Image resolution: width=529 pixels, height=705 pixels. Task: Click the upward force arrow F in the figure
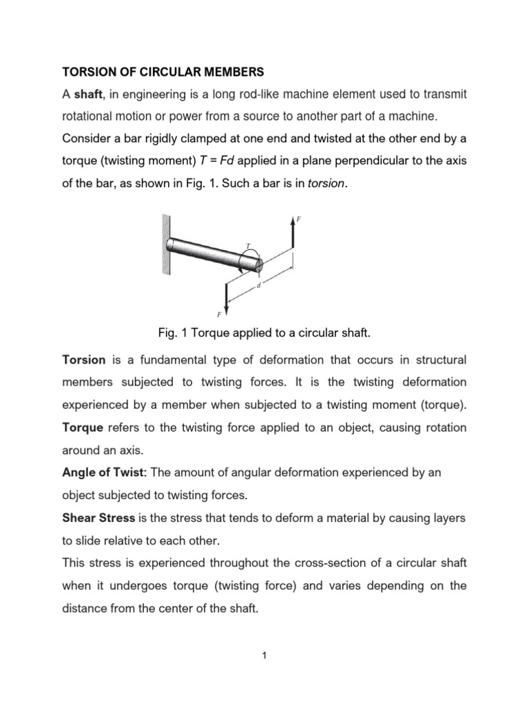(293, 235)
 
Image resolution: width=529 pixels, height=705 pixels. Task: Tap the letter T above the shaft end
(247, 245)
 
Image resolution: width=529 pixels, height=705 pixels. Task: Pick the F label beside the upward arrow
(298, 219)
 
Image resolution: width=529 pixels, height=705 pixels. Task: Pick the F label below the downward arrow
(219, 315)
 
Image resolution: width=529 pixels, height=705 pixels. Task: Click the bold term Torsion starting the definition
(84, 360)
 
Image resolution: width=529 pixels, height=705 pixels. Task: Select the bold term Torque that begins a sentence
(83, 427)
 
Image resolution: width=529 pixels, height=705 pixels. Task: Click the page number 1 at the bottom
(264, 655)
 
